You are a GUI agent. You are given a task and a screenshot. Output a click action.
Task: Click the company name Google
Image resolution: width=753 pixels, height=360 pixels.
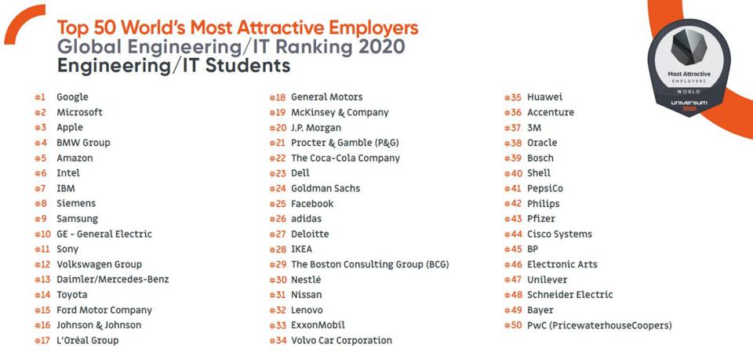(72, 97)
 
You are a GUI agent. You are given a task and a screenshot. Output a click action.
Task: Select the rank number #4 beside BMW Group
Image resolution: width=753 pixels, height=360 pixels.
(40, 143)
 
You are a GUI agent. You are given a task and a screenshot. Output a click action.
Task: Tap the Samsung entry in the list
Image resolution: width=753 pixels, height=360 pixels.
(77, 219)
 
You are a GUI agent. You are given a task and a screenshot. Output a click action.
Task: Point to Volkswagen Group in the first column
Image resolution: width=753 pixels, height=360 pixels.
(99, 264)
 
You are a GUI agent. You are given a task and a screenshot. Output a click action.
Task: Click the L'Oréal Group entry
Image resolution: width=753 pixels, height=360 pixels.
(87, 340)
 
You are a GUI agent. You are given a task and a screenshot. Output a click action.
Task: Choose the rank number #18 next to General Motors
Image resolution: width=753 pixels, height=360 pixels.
(278, 97)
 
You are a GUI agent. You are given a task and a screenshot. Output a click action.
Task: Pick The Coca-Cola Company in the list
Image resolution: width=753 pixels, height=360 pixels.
(345, 158)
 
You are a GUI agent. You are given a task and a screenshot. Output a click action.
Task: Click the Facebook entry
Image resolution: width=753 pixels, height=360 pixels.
(312, 204)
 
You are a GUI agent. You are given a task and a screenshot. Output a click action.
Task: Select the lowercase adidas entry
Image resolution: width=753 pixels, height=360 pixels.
(306, 219)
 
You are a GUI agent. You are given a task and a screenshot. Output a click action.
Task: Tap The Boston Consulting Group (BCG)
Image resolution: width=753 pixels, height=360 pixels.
(369, 264)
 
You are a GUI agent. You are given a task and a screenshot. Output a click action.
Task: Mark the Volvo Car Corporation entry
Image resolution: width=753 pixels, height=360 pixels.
(341, 340)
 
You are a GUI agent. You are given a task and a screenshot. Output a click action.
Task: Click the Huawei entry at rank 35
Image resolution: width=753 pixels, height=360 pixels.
(544, 97)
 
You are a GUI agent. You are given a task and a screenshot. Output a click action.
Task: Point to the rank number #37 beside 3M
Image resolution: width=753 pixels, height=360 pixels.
(513, 128)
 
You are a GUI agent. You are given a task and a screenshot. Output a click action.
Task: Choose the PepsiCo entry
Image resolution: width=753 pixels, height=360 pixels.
(544, 188)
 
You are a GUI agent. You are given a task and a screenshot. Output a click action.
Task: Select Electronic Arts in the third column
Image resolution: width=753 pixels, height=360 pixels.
(562, 264)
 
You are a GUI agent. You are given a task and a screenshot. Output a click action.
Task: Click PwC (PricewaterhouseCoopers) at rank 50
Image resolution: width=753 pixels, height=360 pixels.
(599, 325)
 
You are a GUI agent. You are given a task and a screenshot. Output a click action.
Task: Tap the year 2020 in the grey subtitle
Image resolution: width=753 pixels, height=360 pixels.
(382, 46)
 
